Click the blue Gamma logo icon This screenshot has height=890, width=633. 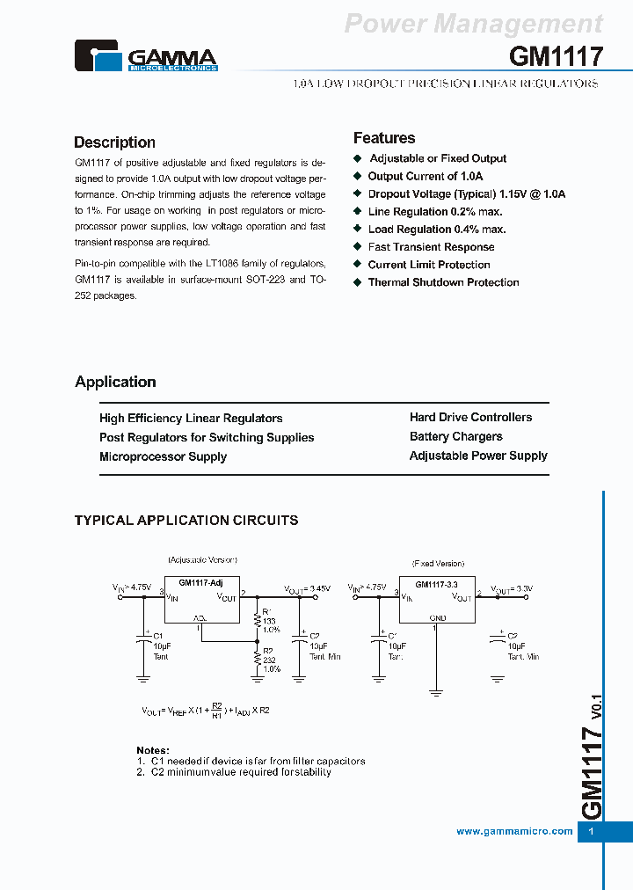[x=99, y=55]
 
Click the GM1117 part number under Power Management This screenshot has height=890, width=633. [x=556, y=57]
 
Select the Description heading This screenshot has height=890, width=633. [x=114, y=142]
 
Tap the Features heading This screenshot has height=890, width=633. [x=384, y=138]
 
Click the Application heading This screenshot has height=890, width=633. [x=115, y=382]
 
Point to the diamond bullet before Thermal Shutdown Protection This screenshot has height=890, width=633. [x=358, y=282]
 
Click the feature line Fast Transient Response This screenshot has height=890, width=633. [x=431, y=247]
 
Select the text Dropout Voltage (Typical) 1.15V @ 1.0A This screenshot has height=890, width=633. [x=466, y=193]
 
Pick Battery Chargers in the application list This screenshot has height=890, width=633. [x=456, y=436]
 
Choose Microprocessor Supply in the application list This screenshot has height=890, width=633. [x=163, y=456]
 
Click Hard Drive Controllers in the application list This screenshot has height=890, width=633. [x=470, y=417]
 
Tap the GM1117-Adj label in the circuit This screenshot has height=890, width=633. [x=201, y=582]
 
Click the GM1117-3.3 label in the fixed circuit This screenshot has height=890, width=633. [x=436, y=584]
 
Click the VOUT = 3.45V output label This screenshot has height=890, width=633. [x=307, y=588]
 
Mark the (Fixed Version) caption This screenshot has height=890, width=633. [x=437, y=563]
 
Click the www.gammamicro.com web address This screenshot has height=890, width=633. [x=514, y=831]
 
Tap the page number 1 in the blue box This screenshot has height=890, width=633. [x=592, y=831]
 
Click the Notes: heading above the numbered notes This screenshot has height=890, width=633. [x=153, y=750]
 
